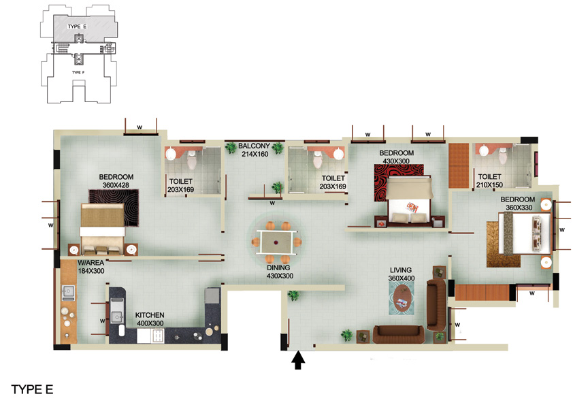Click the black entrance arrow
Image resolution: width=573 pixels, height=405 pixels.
[x=298, y=360]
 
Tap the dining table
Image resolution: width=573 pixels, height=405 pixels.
[x=277, y=242]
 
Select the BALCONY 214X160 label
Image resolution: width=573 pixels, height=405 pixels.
[x=255, y=150]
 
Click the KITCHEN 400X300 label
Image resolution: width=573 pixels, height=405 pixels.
[x=150, y=319]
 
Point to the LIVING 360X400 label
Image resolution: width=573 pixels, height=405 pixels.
[x=402, y=274]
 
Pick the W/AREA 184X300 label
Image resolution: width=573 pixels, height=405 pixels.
[x=91, y=267]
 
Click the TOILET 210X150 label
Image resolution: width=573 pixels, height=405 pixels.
[x=489, y=181]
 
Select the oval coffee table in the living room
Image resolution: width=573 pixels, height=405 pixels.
[x=402, y=299]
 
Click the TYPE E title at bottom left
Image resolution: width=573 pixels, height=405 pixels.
[x=32, y=389]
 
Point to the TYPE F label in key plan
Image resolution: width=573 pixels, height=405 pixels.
[x=78, y=72]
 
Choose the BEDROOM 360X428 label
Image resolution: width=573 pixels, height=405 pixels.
[x=116, y=181]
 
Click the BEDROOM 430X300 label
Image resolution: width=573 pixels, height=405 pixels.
[x=397, y=157]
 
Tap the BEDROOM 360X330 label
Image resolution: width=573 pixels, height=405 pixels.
[x=518, y=204]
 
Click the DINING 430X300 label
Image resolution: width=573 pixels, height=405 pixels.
[x=280, y=272]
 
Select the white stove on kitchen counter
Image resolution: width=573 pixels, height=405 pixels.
[x=150, y=336]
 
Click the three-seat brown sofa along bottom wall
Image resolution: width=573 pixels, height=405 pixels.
[x=399, y=334]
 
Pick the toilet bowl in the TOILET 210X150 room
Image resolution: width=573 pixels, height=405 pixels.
[x=503, y=156]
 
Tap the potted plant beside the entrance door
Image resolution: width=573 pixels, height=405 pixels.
[x=293, y=295]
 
